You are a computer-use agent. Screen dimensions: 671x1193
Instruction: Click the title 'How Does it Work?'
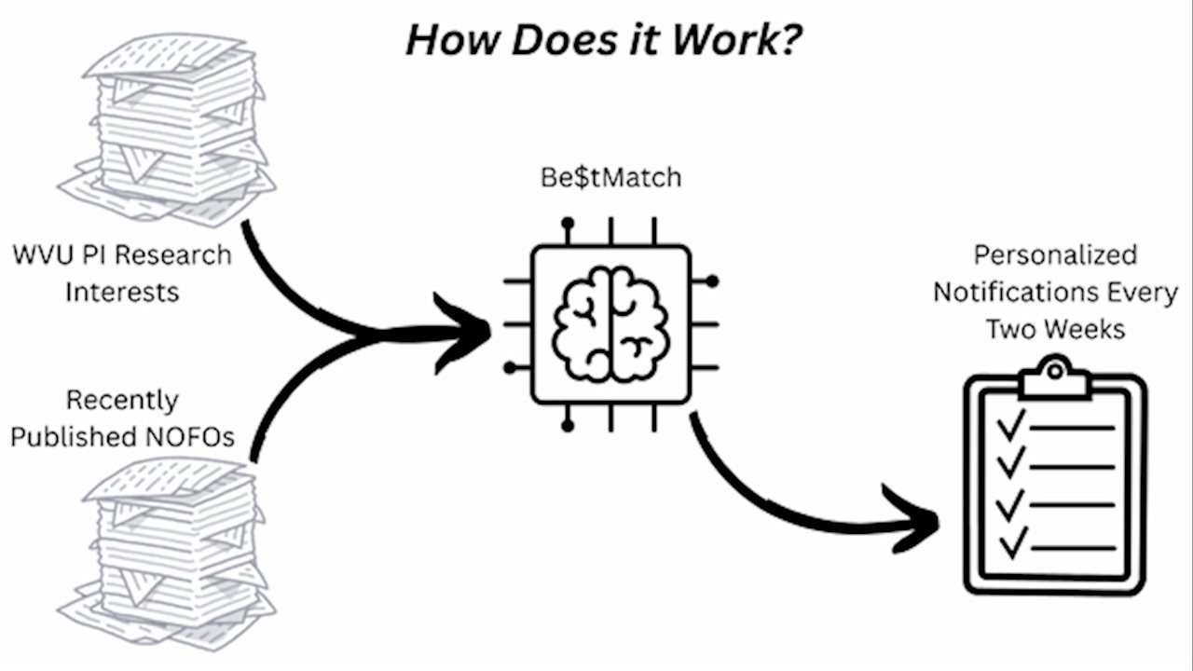[x=603, y=40]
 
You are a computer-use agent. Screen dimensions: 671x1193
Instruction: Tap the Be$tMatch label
[x=610, y=177]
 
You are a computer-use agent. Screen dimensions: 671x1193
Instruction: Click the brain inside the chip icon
[x=610, y=323]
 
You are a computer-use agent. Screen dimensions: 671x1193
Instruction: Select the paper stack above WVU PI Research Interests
[x=168, y=130]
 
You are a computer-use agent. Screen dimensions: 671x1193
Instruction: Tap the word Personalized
[x=1055, y=254]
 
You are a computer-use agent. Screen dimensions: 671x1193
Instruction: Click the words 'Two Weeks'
[x=1055, y=329]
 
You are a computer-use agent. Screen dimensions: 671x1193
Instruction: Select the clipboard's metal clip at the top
[x=1054, y=377]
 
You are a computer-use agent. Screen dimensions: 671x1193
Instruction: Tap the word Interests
[x=121, y=292]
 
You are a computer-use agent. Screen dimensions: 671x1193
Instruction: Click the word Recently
[x=121, y=401]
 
